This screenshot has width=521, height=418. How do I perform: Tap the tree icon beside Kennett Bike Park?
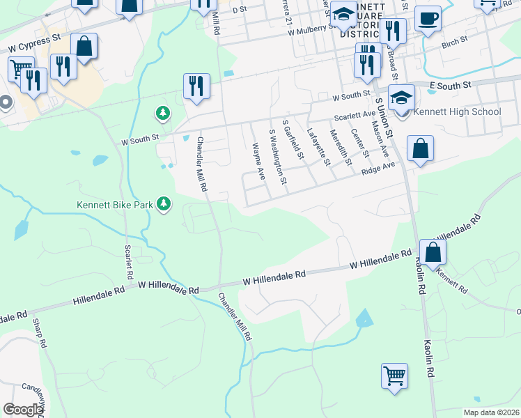coord(164,204)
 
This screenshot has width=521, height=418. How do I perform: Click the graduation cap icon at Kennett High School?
coord(402,98)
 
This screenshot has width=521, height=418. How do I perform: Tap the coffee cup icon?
coord(428,18)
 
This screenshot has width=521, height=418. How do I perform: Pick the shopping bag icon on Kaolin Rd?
coord(433,252)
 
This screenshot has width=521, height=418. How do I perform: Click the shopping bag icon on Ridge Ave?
coord(420,148)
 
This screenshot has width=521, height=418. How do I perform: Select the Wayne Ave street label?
coord(258,161)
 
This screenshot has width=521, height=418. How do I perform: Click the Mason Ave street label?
coord(380,140)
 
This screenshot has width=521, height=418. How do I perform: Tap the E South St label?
coord(451,84)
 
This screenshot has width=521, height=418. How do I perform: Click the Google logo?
coord(24,410)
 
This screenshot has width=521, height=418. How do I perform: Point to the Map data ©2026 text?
coord(490,412)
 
